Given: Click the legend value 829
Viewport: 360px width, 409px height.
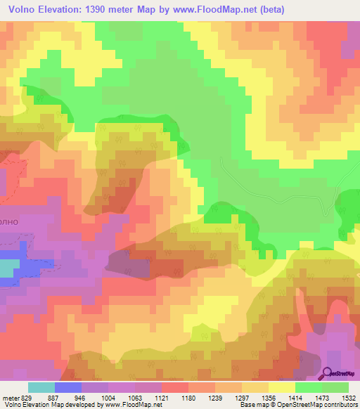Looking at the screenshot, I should (x=27, y=398).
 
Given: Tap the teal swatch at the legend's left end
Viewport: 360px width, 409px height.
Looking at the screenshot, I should (x=41, y=387).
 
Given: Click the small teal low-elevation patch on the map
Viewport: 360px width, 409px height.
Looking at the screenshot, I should (x=8, y=268).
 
